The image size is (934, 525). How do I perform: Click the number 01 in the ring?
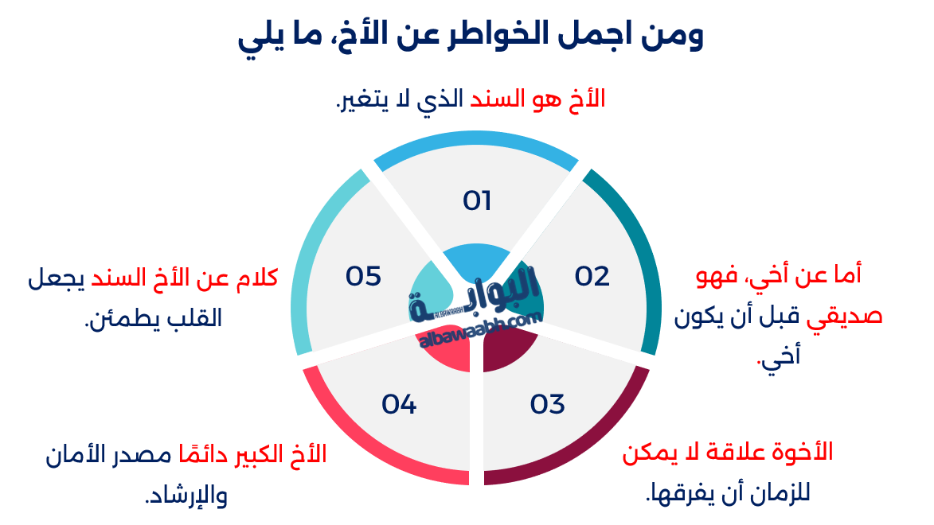[x=477, y=201]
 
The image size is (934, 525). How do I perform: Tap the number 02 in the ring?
[x=592, y=276]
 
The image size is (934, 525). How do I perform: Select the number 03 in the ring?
[x=548, y=404]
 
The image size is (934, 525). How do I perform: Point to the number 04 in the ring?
[x=399, y=404]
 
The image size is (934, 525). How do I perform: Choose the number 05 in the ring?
[x=363, y=276]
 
